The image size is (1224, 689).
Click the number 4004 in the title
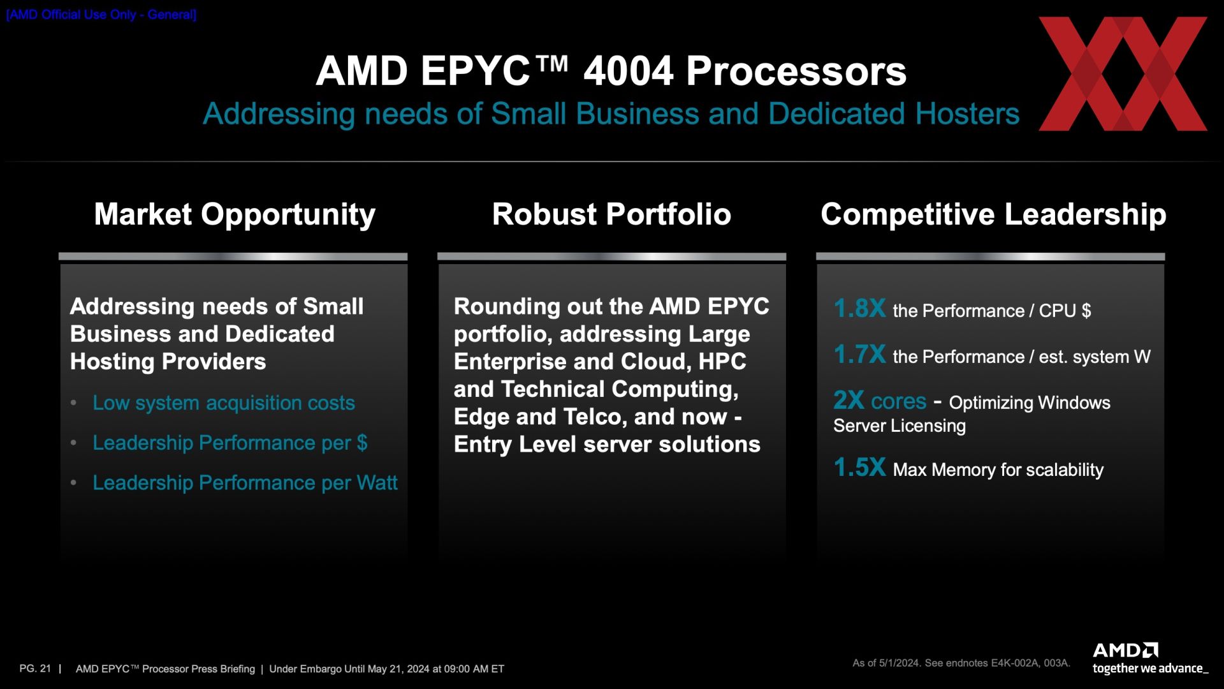[x=628, y=71]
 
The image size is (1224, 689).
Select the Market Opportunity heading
[x=235, y=215]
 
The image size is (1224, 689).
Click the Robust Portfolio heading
[x=611, y=214]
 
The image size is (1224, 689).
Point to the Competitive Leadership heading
[x=993, y=215]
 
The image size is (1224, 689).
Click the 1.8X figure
[x=859, y=309]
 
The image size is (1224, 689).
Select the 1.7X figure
[x=859, y=355]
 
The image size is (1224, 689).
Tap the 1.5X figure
[x=859, y=468]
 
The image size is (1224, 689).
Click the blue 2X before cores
[x=849, y=401]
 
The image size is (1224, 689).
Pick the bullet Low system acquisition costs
[x=224, y=403]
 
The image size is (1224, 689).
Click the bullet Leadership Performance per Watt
[x=245, y=483]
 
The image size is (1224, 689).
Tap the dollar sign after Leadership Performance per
[x=362, y=443]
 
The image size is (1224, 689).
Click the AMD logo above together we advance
[x=1125, y=651]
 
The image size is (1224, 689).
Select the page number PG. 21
[x=35, y=669]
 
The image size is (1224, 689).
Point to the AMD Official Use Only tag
[x=101, y=15]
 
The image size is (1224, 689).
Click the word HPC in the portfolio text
[x=722, y=362]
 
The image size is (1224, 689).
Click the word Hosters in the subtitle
[x=967, y=114]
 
